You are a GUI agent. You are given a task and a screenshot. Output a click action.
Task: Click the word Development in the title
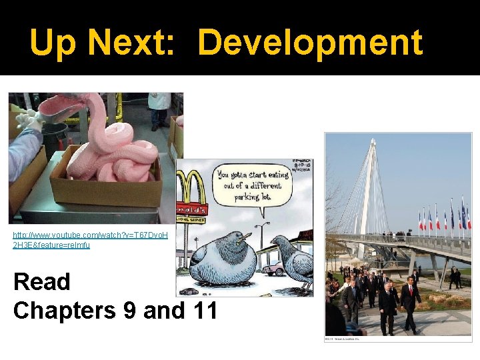(310, 43)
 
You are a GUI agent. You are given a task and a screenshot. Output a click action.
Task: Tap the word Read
(42, 282)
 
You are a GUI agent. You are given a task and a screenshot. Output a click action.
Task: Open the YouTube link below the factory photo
(91, 240)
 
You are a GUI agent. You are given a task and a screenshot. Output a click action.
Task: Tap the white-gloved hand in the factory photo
(28, 120)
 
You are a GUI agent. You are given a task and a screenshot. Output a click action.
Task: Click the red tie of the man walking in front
(410, 291)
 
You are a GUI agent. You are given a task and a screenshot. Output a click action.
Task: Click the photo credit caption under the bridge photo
(342, 339)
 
